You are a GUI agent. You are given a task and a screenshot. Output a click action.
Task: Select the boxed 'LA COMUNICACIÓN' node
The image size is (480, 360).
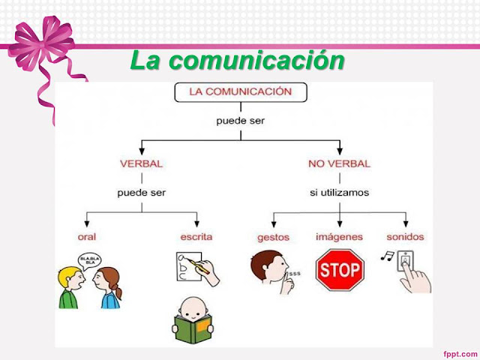pos(240,91)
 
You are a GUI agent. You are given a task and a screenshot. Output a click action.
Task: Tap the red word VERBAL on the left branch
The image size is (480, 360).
pos(141,163)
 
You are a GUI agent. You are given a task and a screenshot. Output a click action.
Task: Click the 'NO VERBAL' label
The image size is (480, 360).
pos(339,163)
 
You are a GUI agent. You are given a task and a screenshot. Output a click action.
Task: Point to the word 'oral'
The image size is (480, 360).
pos(87,237)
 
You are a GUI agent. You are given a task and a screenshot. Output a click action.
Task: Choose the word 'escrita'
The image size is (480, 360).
pos(196,237)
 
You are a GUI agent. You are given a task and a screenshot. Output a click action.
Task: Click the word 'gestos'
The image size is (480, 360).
pos(273,237)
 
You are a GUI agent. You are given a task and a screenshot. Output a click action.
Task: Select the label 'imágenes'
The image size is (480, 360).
pos(339,237)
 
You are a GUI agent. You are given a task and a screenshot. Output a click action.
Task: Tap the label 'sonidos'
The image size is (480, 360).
pos(406,237)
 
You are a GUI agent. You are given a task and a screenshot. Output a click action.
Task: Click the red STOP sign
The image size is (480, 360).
pos(339,270)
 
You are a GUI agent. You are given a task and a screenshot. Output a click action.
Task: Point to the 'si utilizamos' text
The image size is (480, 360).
pos(339,192)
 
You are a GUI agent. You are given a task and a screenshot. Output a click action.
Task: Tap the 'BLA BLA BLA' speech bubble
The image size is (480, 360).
pos(90,259)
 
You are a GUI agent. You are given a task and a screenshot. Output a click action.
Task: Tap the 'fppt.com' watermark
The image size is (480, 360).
pos(457,352)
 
